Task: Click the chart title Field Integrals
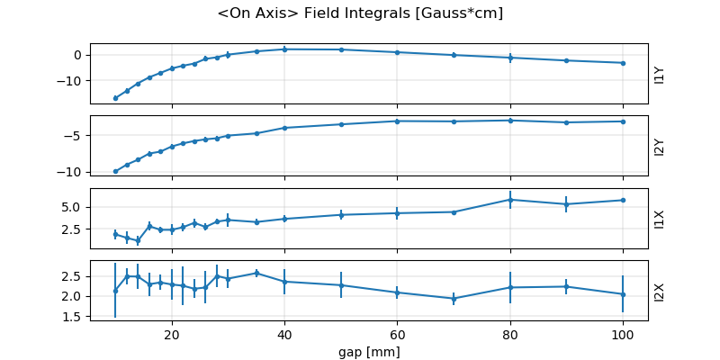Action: coord(360,13)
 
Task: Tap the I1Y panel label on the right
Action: coord(659,74)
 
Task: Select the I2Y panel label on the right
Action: coord(659,146)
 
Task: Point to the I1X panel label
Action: coord(659,219)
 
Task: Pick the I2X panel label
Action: coord(659,291)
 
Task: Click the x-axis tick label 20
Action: coord(172,332)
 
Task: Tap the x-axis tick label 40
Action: coord(284,332)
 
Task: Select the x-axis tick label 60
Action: coord(397,332)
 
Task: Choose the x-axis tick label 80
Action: coord(510,332)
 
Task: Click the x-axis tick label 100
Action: coord(623,332)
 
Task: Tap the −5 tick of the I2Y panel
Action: coord(76,136)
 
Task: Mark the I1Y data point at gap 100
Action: coord(623,63)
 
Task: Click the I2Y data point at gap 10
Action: coord(115,171)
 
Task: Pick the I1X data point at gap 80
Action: coord(510,200)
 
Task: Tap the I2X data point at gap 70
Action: coord(454,298)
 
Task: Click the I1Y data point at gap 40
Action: coord(284,49)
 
